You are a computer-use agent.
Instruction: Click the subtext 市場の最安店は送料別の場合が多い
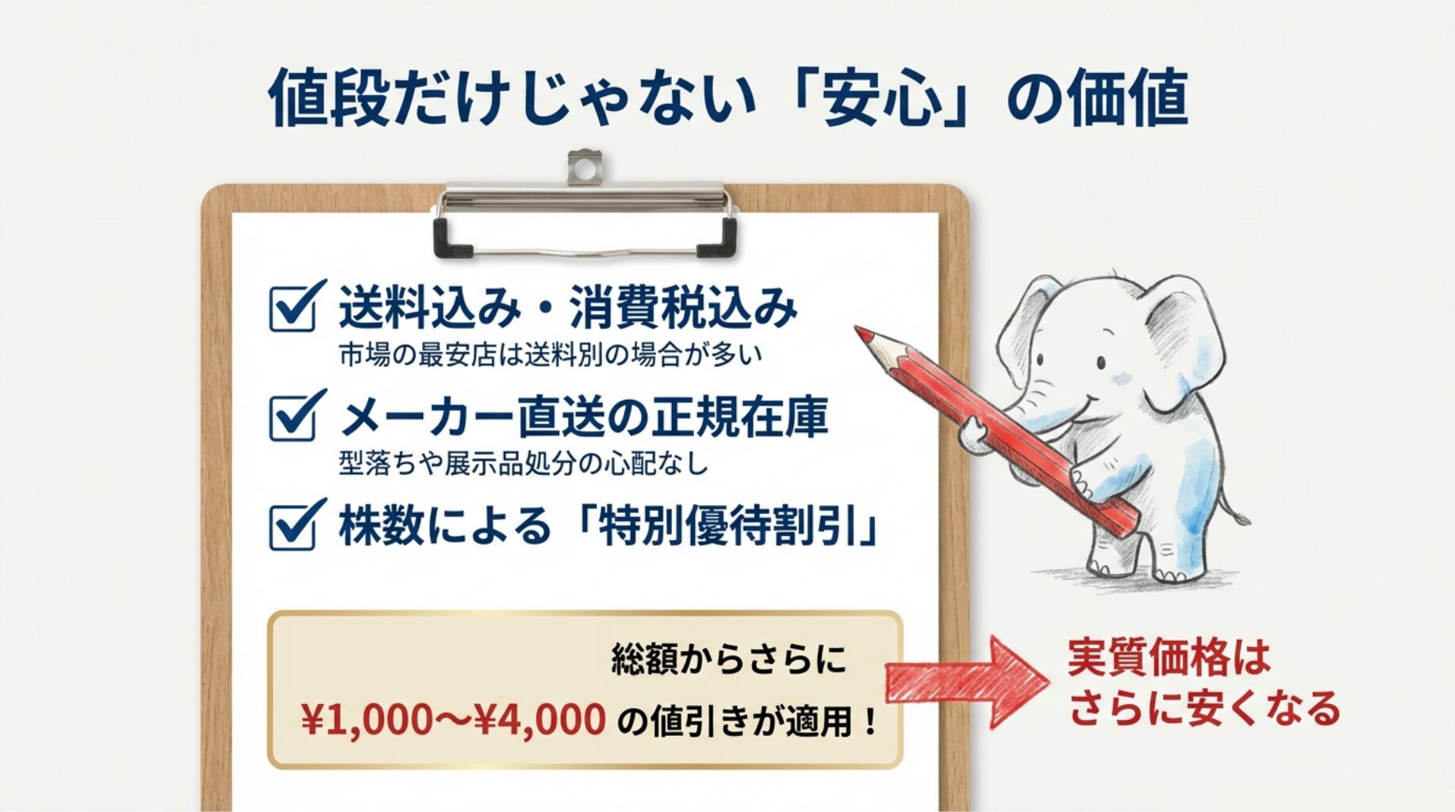pos(551,354)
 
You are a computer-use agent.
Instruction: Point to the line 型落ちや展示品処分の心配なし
pos(524,463)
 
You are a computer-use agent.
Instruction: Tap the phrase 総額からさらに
pos(728,659)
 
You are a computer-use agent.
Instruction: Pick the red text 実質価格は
pos(1169,657)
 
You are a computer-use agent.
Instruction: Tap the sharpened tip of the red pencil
pos(858,328)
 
